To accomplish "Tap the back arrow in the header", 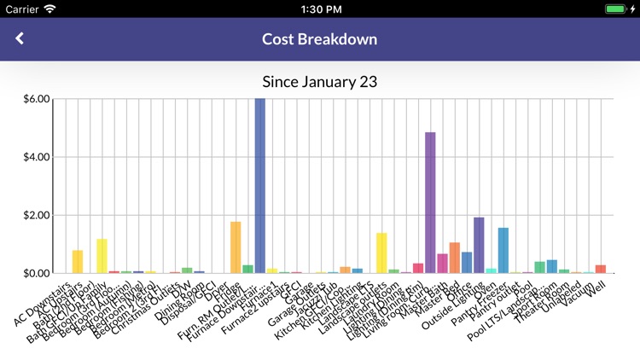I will [20, 38].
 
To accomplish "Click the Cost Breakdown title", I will [319, 39].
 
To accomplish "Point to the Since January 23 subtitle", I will [319, 82].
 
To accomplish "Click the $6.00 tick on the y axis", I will [38, 99].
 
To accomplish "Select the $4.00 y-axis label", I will [38, 157].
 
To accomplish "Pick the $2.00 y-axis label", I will [38, 215].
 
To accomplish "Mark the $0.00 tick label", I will [38, 273].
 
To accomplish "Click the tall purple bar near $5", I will [430, 203].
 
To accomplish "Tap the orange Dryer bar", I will [236, 247].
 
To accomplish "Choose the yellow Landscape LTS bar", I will [381, 253].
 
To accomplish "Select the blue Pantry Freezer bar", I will [503, 251].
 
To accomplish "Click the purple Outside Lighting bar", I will [479, 246].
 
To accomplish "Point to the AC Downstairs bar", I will [78, 262].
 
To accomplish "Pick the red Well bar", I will [601, 269].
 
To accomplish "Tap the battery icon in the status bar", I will [615, 9].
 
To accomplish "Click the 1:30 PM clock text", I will [319, 9].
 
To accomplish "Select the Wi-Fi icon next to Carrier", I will [49, 9].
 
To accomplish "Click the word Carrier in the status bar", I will [21, 9].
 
